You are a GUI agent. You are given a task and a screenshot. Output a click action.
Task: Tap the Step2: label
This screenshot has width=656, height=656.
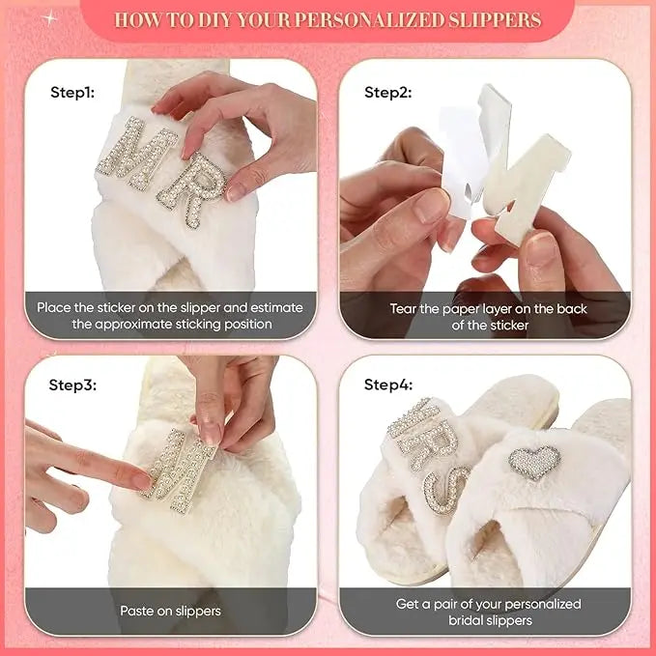[x=387, y=93]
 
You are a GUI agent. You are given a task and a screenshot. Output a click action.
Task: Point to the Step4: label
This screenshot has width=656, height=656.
[x=387, y=385]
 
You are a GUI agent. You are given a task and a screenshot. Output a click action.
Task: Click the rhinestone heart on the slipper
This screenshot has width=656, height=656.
[x=534, y=462]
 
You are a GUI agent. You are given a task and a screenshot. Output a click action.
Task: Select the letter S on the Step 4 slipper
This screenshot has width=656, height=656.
[x=447, y=488]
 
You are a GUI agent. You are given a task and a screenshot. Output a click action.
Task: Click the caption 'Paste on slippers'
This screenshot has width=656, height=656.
[x=170, y=611]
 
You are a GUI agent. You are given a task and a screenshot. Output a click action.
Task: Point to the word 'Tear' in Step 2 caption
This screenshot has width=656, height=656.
[x=405, y=308]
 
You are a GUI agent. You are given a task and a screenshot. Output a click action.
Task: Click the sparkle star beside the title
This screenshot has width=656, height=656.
[x=49, y=17]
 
